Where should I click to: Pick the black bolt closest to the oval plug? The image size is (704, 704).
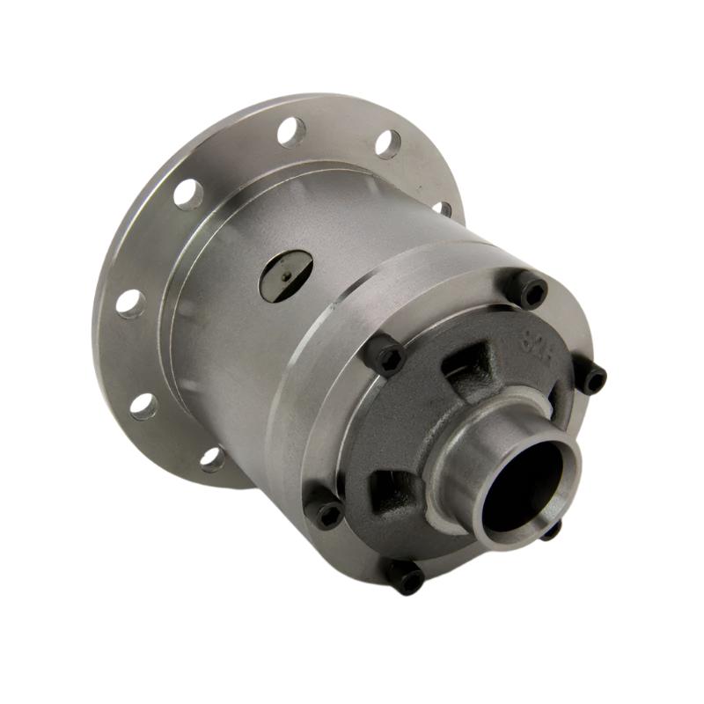click(x=385, y=356)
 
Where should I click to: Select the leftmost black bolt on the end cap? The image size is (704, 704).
click(x=326, y=513)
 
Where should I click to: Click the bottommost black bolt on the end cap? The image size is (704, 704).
click(x=406, y=576)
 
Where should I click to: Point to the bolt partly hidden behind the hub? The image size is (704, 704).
click(x=551, y=529)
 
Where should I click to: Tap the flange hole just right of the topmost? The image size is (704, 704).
click(x=387, y=143)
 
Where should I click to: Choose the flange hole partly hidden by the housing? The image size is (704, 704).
click(x=443, y=209)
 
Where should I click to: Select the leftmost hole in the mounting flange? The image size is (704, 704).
click(x=130, y=302)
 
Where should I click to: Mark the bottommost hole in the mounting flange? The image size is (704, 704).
click(x=211, y=458)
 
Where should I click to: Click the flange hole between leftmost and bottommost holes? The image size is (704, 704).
click(x=143, y=405)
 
